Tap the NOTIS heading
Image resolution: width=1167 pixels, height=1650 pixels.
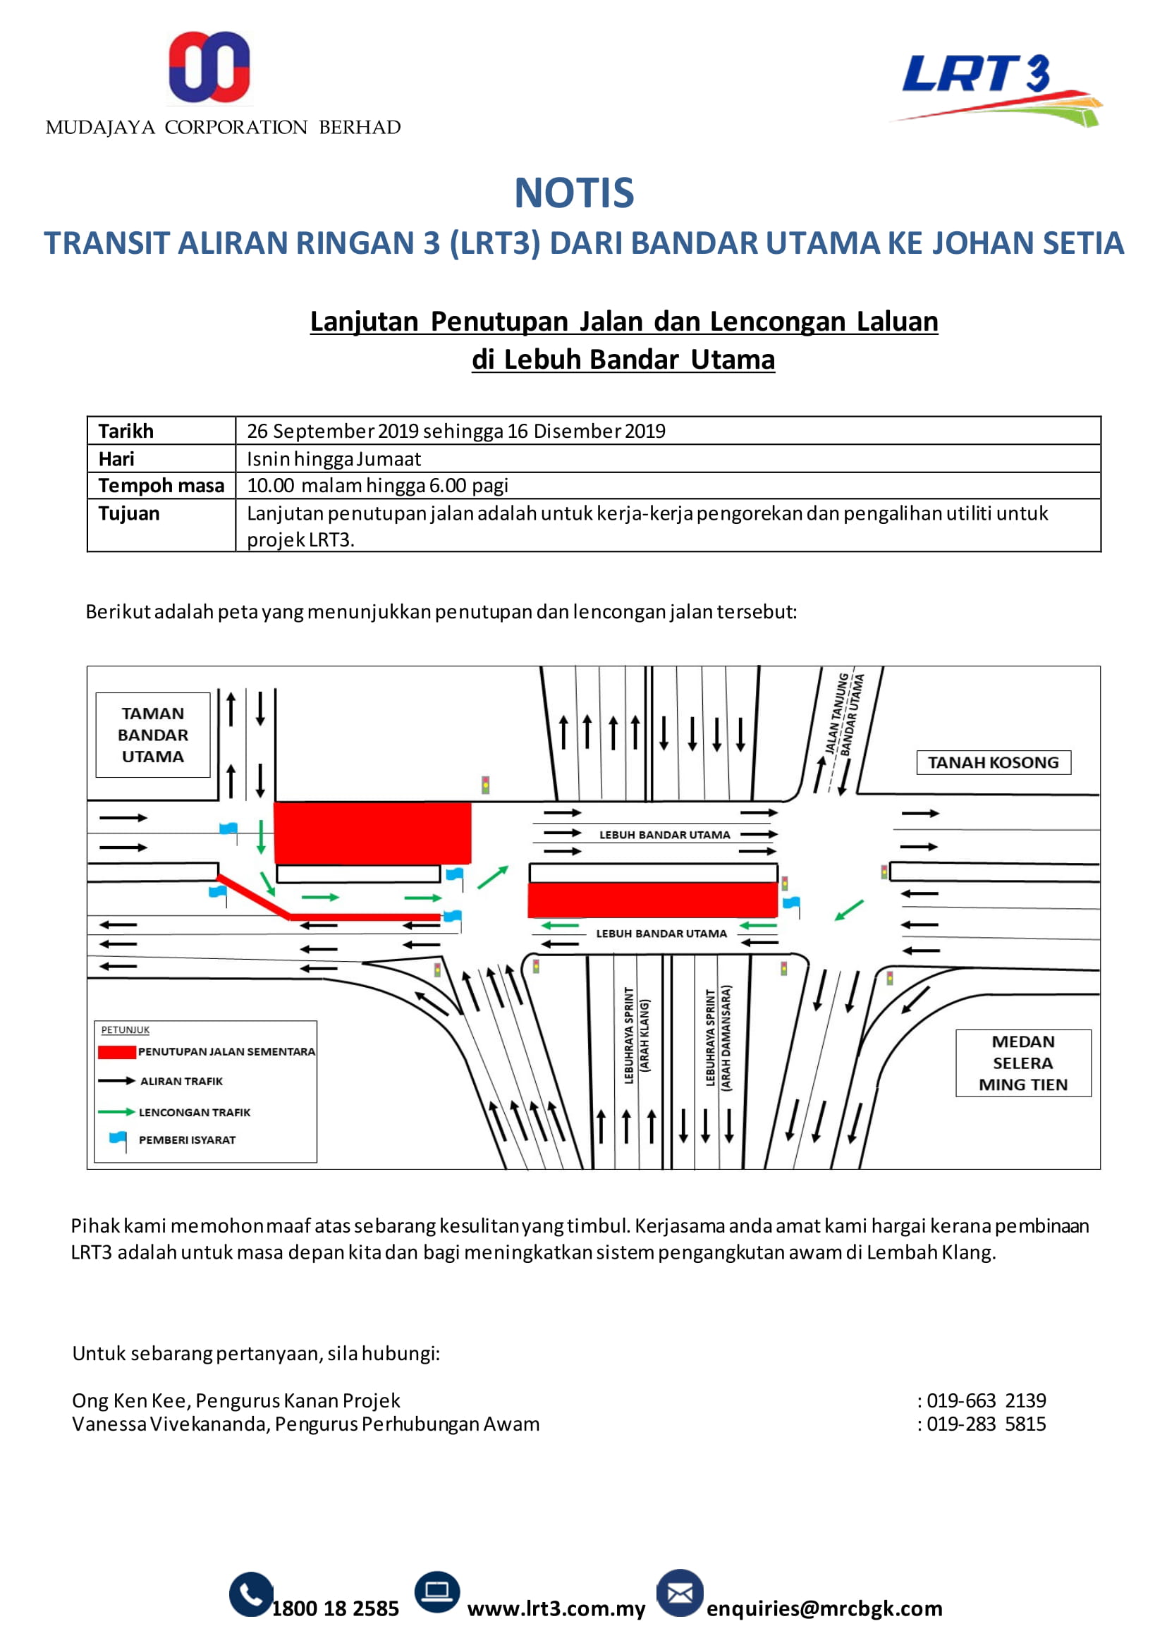pos(574,193)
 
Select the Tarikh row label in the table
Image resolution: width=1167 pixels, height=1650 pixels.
pos(126,431)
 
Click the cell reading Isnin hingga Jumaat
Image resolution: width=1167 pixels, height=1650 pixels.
pos(334,458)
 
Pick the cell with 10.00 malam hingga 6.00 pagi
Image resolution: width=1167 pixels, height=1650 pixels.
pos(378,486)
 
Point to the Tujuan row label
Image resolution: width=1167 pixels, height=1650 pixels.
pos(129,513)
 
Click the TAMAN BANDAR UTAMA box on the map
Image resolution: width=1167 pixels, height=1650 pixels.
pos(153,735)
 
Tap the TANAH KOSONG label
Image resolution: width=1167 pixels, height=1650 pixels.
pos(993,762)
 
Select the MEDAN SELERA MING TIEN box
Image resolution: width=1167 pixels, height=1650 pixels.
pos(1022,1063)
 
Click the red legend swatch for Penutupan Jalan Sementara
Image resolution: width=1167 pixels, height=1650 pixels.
pos(116,1052)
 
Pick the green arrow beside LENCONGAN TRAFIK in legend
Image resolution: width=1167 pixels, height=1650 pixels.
pos(116,1112)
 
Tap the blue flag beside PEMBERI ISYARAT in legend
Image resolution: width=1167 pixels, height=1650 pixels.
pos(118,1139)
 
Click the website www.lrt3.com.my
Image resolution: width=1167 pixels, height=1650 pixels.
pos(556,1608)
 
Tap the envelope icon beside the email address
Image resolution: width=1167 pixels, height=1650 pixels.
pos(679,1593)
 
